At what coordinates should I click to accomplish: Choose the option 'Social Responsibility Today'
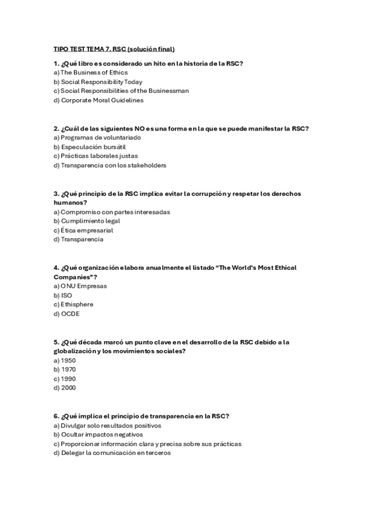click(98, 82)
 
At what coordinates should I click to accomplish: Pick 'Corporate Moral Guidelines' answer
click(99, 100)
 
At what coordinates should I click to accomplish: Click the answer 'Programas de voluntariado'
click(97, 137)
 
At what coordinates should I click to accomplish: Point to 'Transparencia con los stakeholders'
click(110, 165)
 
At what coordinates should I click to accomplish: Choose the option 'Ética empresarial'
click(83, 230)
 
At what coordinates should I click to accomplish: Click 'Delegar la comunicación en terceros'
click(112, 453)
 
